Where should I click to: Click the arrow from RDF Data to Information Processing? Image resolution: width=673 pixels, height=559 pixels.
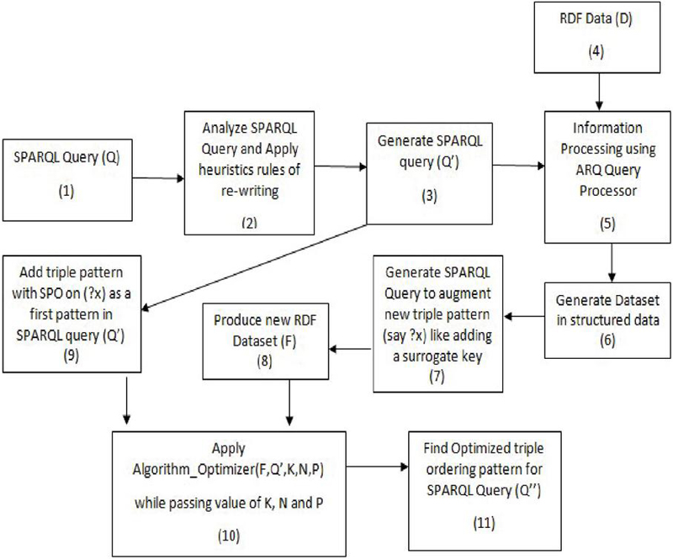pos(599,90)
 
